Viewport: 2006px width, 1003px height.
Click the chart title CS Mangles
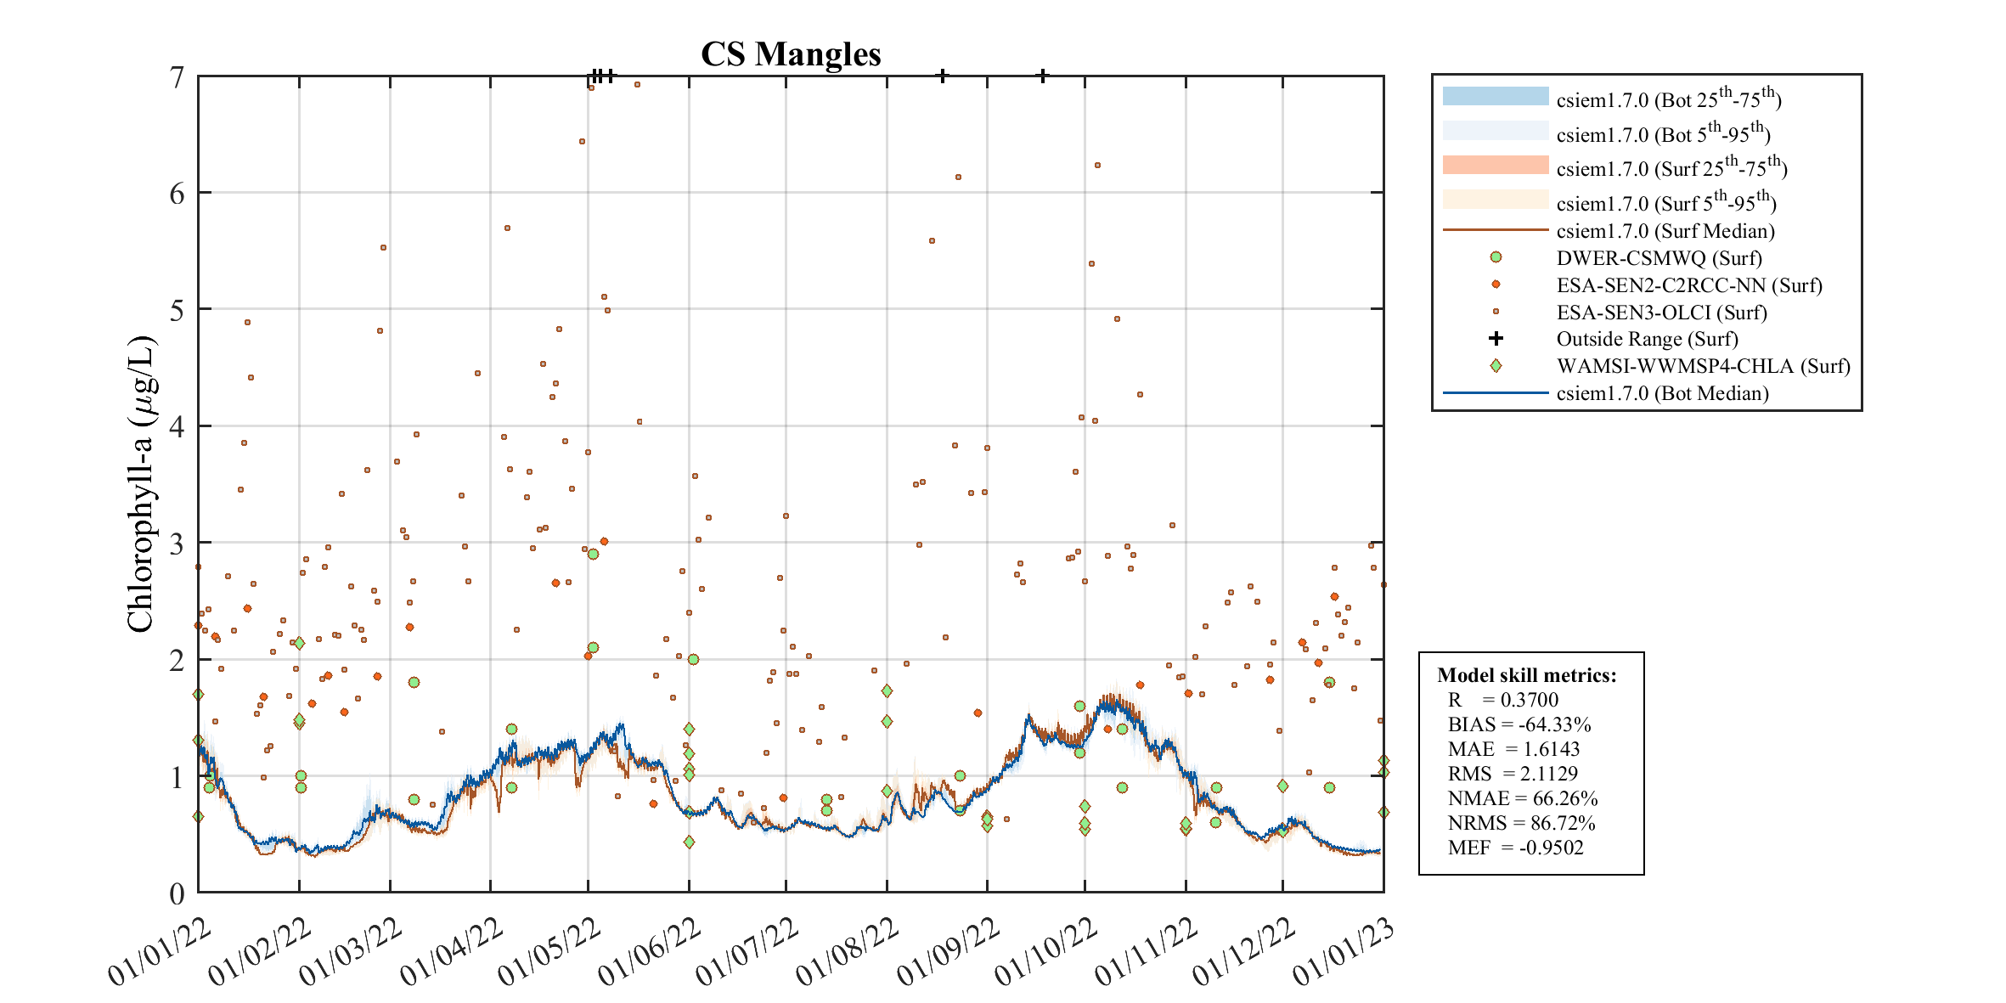(x=791, y=54)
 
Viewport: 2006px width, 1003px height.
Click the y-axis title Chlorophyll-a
(x=141, y=485)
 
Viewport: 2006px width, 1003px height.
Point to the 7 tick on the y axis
(x=177, y=77)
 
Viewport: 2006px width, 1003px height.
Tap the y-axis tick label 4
(x=177, y=426)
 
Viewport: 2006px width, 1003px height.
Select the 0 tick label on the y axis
(x=177, y=893)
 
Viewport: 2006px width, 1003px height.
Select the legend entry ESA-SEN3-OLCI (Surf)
(x=1661, y=313)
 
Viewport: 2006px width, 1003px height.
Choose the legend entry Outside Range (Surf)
(x=1647, y=339)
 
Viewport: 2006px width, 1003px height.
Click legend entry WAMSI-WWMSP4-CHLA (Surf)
(x=1703, y=366)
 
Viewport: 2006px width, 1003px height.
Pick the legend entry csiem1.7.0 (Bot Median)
(x=1662, y=393)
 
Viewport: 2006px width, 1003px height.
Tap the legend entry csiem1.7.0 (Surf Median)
(x=1665, y=231)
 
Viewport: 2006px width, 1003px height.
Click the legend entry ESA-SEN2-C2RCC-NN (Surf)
(x=1688, y=285)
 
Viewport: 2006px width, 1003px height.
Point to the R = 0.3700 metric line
(x=1503, y=700)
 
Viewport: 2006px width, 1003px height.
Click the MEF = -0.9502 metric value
(x=1515, y=848)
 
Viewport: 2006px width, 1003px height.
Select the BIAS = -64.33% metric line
(x=1519, y=724)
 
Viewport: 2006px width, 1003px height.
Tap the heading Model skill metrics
(x=1526, y=675)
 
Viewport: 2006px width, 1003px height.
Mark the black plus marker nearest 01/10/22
(x=1043, y=76)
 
